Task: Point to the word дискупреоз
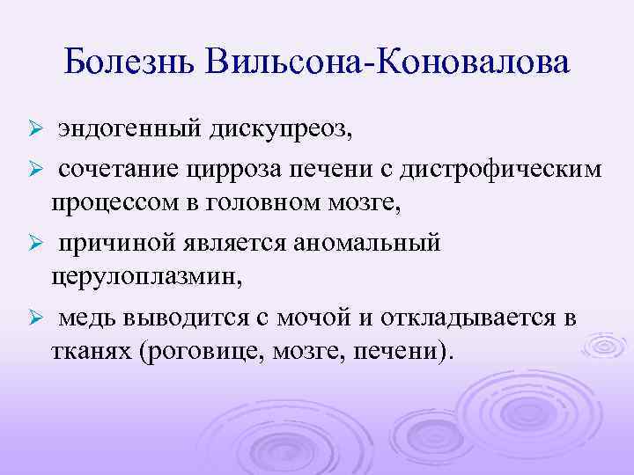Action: coord(280,131)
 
